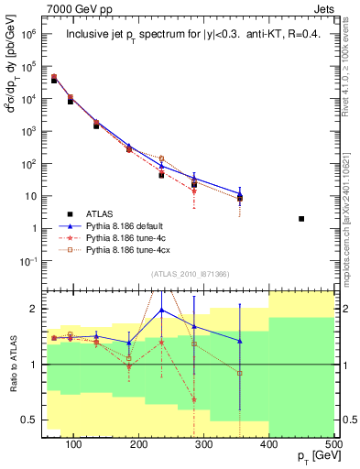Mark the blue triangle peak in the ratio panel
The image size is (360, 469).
[162, 310]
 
